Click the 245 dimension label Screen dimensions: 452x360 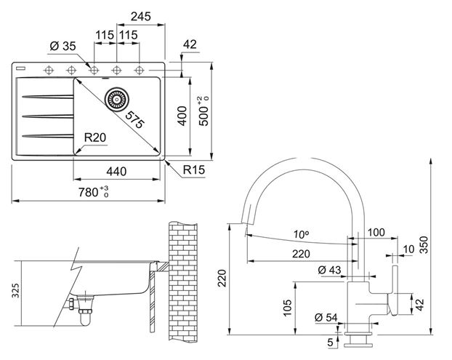141,17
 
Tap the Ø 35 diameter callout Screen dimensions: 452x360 62,46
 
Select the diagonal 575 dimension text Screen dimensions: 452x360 134,119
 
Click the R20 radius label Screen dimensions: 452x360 95,137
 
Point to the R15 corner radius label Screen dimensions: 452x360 194,169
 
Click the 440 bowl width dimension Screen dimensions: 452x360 116,172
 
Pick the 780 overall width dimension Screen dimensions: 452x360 94,192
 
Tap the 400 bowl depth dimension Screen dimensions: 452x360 182,116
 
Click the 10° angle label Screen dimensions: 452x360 302,235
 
